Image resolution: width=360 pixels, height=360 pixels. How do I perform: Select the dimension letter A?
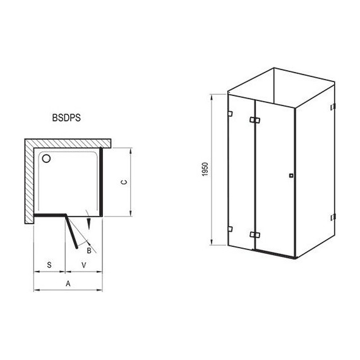point(68,284)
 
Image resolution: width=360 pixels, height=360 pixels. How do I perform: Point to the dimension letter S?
point(49,265)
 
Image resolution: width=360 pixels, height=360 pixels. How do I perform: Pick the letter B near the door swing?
point(89,251)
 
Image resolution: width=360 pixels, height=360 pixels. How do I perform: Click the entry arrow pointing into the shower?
point(90,224)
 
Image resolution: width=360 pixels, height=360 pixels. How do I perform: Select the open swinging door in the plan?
point(74,232)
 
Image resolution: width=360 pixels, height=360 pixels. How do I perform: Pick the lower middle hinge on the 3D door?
point(254,235)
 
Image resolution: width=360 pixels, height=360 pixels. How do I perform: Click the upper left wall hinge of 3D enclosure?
point(230,114)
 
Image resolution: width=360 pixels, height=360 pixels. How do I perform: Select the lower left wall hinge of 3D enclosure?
point(230,229)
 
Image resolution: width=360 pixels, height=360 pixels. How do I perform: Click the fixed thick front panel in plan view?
point(49,215)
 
